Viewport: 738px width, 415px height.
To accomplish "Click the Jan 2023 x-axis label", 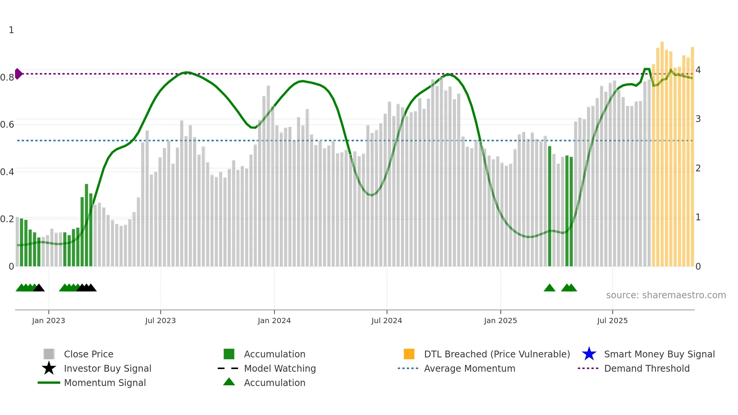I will [x=48, y=320].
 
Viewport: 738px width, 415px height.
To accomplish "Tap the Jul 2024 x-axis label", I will [x=387, y=320].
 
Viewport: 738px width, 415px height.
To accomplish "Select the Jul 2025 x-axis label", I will [x=612, y=320].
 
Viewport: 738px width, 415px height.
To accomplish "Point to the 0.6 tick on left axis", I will [x=7, y=125].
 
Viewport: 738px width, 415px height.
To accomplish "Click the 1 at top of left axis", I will [x=11, y=30].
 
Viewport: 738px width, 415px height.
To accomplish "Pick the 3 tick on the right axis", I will [x=698, y=119].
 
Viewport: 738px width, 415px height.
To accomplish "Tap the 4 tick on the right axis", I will [x=698, y=70].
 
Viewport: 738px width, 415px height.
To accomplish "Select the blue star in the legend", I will [x=589, y=354].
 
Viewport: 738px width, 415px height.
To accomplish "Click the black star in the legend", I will [x=49, y=368].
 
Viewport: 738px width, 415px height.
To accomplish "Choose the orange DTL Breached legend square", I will [x=409, y=354].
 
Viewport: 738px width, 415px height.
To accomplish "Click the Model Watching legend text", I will [x=280, y=368].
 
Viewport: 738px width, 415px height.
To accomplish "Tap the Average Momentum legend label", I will [x=470, y=368].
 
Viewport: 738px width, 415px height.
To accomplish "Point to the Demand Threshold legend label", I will [x=647, y=368].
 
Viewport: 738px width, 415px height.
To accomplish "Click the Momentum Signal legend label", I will [x=105, y=383].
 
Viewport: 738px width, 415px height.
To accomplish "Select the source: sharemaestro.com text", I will [x=666, y=295].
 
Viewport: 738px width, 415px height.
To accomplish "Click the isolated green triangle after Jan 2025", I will [x=549, y=288].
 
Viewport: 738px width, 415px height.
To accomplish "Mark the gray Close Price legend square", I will [x=49, y=354].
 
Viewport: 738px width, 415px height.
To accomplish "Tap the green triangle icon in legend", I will [x=229, y=382].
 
